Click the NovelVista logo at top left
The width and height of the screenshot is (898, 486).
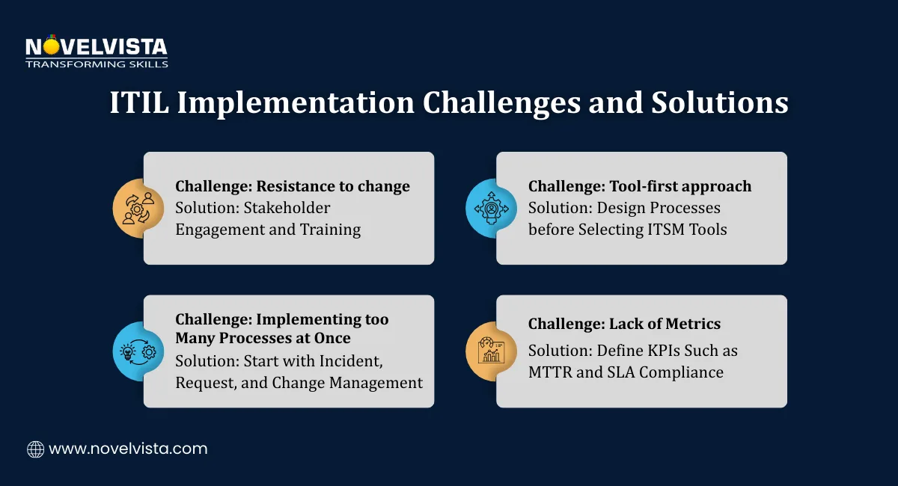click(x=97, y=48)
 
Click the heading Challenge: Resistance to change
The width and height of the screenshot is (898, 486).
click(x=293, y=186)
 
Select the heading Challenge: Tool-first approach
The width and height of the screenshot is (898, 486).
click(x=640, y=186)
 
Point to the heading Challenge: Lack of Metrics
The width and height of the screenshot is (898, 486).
click(x=625, y=324)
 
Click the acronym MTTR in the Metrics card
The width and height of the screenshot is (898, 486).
click(x=553, y=372)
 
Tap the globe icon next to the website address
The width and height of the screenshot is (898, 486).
click(x=35, y=449)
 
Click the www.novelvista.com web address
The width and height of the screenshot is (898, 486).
click(x=128, y=449)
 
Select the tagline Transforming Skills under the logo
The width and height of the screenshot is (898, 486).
click(x=97, y=64)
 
